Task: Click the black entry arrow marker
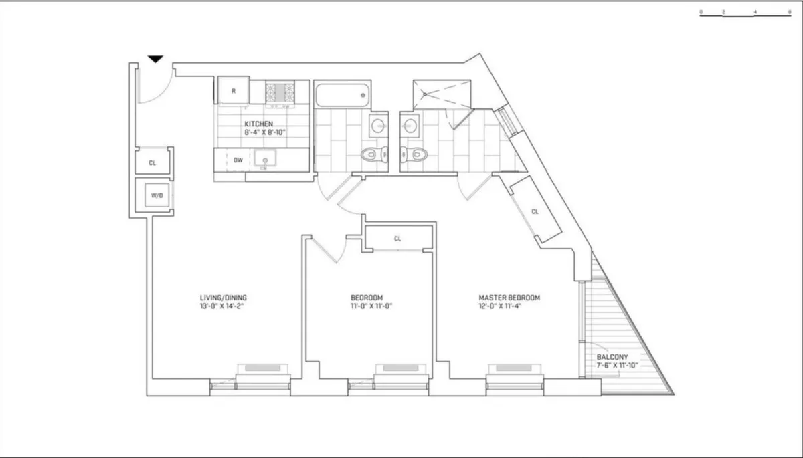coord(155,60)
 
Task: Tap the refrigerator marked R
coord(233,90)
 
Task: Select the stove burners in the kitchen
coord(280,91)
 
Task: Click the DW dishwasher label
coord(238,160)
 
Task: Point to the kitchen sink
coord(264,160)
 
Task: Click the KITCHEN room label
coord(258,124)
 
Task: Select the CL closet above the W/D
coord(153,162)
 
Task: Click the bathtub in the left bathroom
coord(342,96)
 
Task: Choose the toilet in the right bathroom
coord(414,155)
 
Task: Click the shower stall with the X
coord(442,94)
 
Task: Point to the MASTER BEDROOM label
coord(509,298)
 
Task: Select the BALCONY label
coord(612,357)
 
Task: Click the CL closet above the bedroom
coord(397,239)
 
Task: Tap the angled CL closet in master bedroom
coord(535,211)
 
